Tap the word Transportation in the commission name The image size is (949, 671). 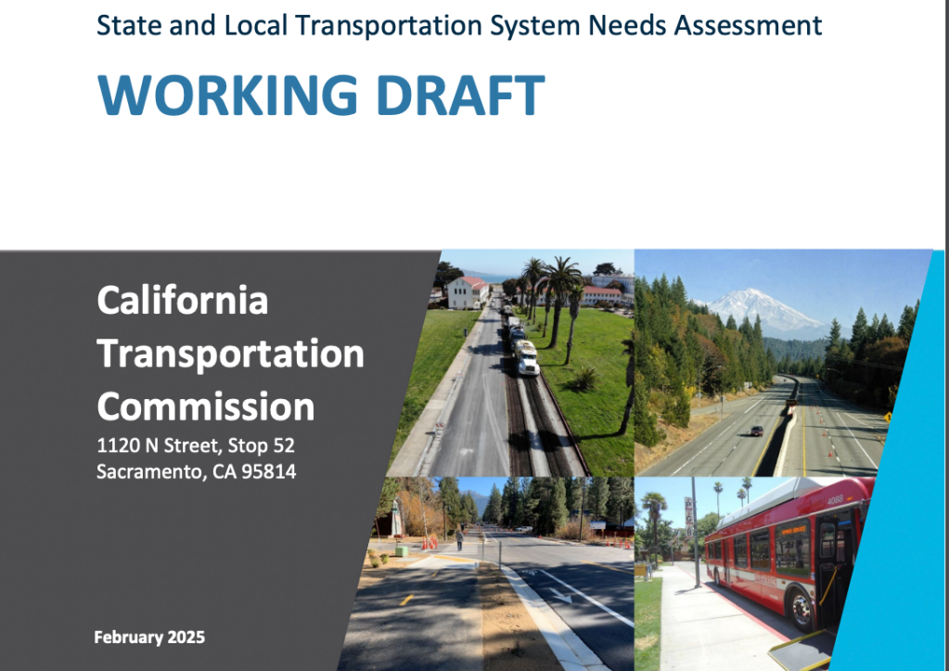coord(230,354)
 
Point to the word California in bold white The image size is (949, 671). coord(183,300)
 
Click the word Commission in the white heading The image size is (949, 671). coord(206,406)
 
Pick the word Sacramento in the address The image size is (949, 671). coord(146,471)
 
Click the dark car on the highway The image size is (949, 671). coord(756,430)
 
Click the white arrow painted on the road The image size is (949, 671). coord(558,593)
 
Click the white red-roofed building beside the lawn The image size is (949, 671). coord(468,292)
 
